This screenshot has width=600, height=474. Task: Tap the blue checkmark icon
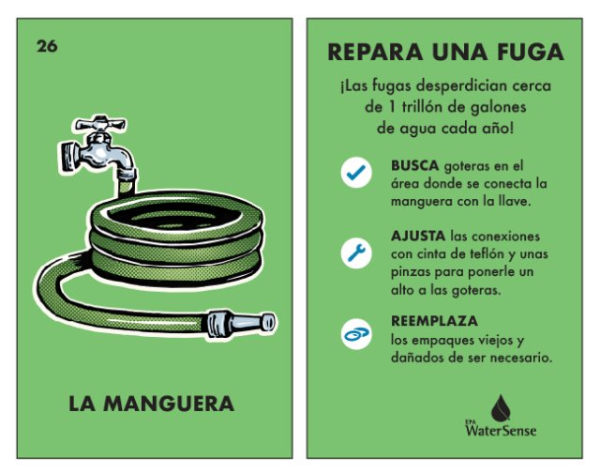(355, 174)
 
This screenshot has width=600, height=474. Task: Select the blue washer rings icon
(355, 332)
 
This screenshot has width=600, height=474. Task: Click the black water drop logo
(503, 405)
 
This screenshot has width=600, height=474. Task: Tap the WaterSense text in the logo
(490, 431)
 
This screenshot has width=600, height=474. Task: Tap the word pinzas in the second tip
(413, 271)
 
